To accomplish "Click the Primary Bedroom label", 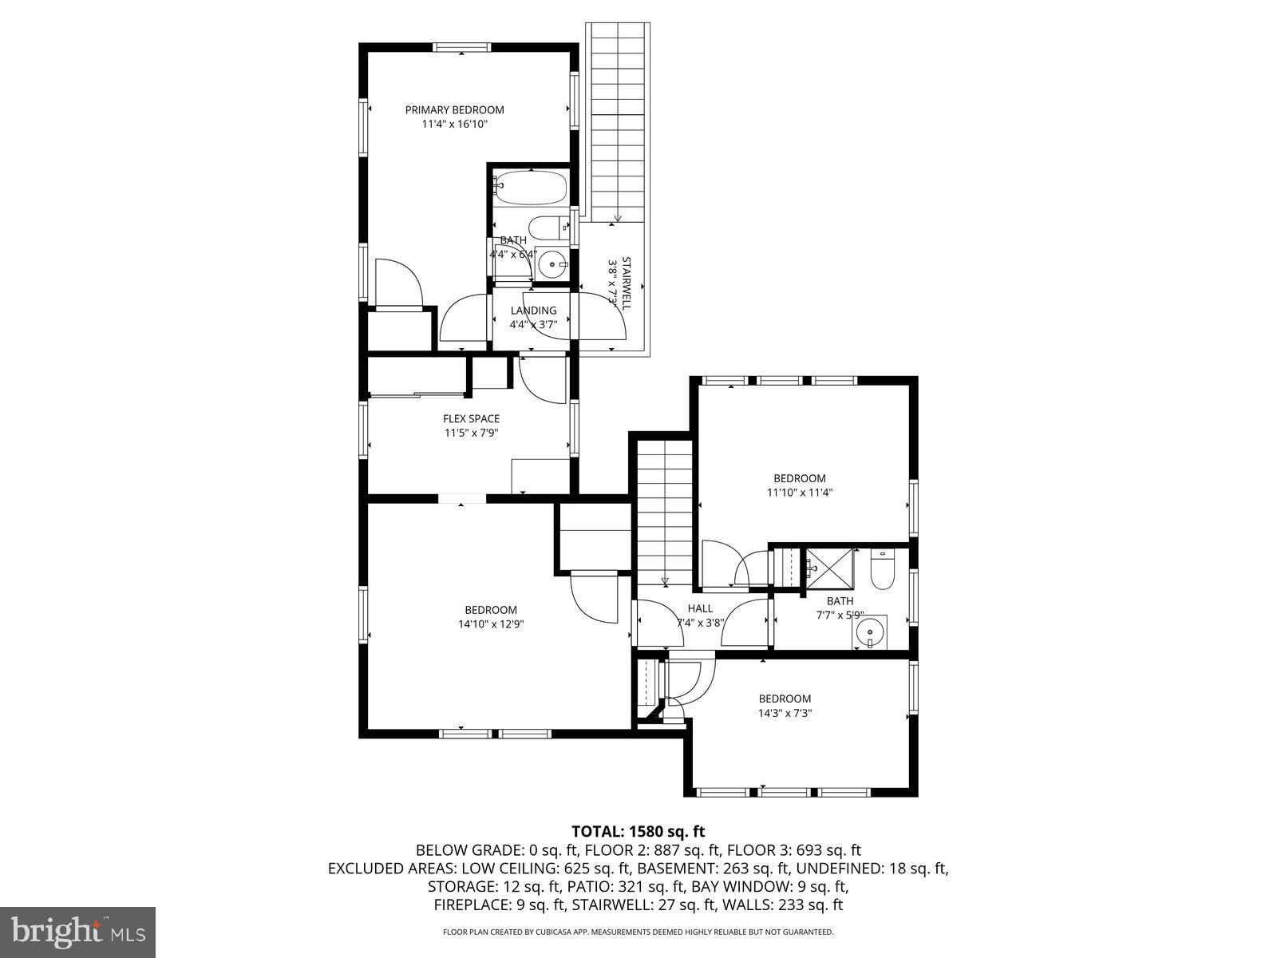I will click(x=454, y=110).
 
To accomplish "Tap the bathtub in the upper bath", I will click(x=530, y=188).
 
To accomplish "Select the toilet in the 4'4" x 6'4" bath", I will click(x=550, y=228).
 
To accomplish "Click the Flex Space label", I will click(x=471, y=418).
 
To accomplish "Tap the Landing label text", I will click(x=533, y=311).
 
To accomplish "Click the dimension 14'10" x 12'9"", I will click(x=491, y=624).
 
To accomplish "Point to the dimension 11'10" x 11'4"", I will click(x=799, y=493).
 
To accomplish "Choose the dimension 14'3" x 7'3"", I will click(x=785, y=713).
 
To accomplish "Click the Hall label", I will click(x=700, y=608).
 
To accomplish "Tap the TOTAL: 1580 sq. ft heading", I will click(x=638, y=831).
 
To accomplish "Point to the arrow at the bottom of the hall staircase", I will click(x=665, y=580).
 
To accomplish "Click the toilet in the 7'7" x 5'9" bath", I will click(x=882, y=572).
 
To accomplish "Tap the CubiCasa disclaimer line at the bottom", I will click(x=638, y=932).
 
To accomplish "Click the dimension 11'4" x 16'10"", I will click(x=454, y=125).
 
